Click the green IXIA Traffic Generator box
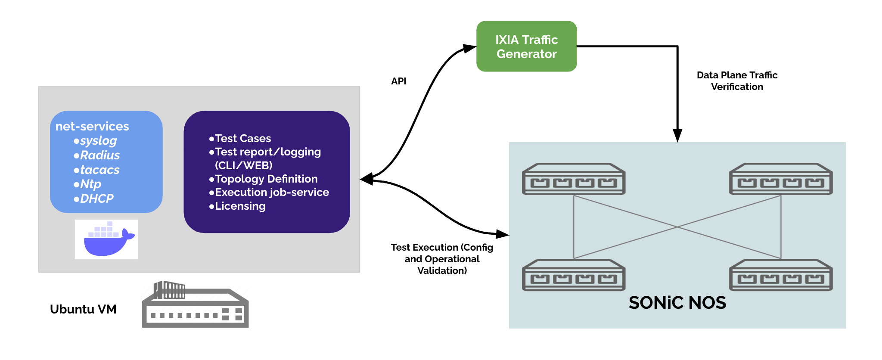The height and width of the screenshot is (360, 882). tap(526, 47)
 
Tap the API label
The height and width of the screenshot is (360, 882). tap(398, 81)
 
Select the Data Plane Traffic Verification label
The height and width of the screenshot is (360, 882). tap(737, 81)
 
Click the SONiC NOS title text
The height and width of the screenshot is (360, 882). tap(677, 303)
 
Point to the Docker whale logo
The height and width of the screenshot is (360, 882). tap(106, 239)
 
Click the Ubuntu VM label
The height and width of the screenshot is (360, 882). tap(83, 309)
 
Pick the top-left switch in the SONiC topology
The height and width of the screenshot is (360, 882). tap(574, 179)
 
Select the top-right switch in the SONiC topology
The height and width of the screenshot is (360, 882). tap(781, 179)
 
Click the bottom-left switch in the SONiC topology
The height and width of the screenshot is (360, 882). tap(574, 275)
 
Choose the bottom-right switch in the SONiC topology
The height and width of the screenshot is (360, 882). tap(781, 275)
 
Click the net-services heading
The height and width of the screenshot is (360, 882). tap(92, 126)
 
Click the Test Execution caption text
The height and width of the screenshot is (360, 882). tap(442, 259)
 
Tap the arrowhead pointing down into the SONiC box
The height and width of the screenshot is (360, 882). tap(677, 136)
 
